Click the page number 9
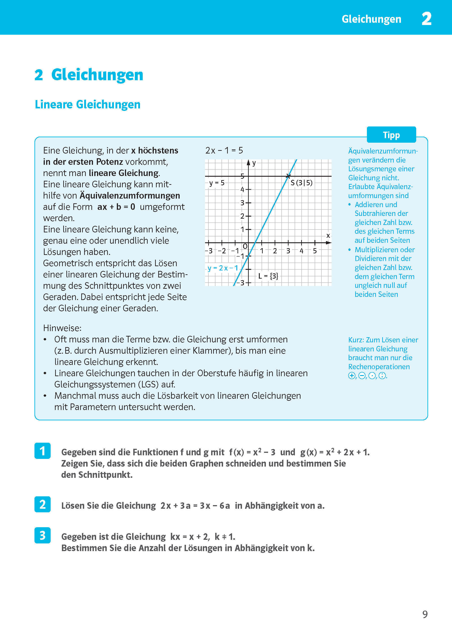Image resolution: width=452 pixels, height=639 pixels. tap(425, 614)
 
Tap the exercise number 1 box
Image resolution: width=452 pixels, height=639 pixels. tap(42, 451)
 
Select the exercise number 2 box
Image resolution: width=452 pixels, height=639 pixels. tap(42, 504)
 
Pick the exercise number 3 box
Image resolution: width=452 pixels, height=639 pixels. tap(42, 535)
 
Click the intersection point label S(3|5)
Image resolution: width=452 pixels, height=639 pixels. tap(301, 183)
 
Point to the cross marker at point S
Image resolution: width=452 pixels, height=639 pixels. tap(288, 176)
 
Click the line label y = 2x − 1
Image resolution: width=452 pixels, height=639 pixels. tap(223, 268)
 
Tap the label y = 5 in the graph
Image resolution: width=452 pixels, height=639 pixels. tap(217, 183)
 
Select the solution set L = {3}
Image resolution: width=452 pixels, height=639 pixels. tap(268, 276)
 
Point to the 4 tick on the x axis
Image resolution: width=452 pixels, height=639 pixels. tap(301, 251)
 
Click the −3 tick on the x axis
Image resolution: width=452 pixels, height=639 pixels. tap(209, 251)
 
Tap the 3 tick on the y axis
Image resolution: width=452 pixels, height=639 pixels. tap(242, 203)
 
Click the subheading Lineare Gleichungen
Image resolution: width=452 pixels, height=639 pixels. tap(87, 105)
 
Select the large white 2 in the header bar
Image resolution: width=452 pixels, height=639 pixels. tap(426, 19)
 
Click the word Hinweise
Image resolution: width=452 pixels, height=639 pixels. tap(62, 328)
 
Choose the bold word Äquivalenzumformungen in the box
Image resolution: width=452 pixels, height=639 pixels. tap(130, 196)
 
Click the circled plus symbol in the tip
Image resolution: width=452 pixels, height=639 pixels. tap(352, 376)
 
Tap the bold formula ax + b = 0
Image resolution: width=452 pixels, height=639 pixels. tap(116, 207)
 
